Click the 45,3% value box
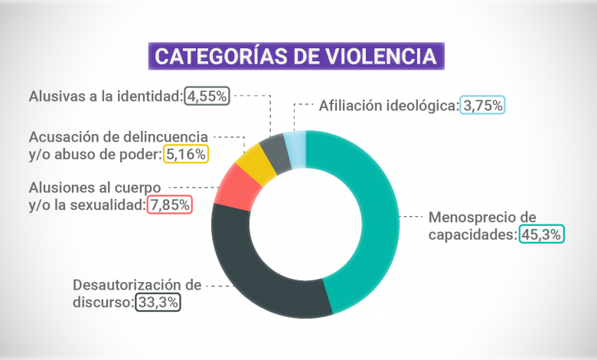[x=542, y=234]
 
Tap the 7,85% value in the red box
[x=168, y=205]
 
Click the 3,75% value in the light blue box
[x=482, y=106]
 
